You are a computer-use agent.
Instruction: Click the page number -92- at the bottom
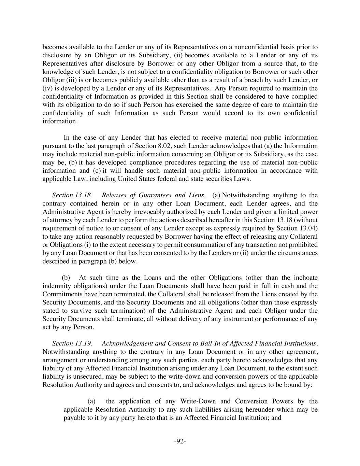pyautogui.click(x=180, y=441)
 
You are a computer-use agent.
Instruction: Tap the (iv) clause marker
pyautogui.click(x=47, y=88)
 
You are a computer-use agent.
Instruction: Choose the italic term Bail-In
pyautogui.click(x=210, y=343)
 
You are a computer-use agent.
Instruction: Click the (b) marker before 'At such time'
pyautogui.click(x=66, y=278)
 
